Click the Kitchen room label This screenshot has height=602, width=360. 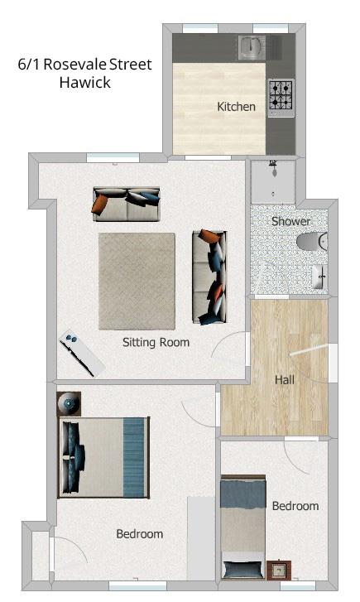236,106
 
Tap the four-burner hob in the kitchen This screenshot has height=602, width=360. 280,94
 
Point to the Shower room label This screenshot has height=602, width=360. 291,221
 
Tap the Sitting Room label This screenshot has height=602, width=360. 156,342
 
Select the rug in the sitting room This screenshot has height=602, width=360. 137,281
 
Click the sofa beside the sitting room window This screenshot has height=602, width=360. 126,204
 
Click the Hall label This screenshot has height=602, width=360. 285,379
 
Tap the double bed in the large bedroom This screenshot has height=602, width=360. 104,457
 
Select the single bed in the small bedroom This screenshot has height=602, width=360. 242,528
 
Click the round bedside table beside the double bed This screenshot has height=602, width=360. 69,404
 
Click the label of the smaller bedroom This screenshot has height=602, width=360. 295,505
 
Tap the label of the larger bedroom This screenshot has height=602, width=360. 139,534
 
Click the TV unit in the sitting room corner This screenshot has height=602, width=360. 81,352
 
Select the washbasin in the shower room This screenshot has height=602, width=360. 319,276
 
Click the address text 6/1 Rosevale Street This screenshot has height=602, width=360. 84,65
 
